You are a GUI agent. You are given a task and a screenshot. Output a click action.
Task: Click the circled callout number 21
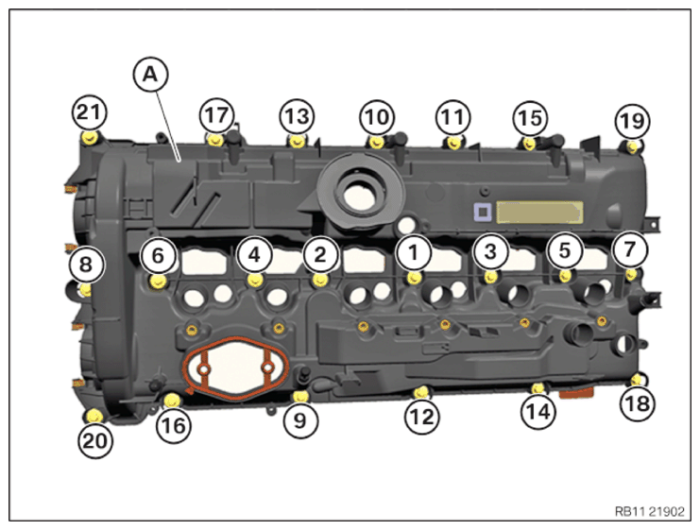tap(88, 113)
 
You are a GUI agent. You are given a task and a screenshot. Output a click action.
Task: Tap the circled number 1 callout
tap(413, 251)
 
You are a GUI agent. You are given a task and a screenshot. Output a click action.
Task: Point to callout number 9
tap(300, 419)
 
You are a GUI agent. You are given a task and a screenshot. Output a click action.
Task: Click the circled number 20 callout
tap(95, 438)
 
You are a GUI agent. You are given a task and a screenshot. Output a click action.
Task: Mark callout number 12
tap(421, 414)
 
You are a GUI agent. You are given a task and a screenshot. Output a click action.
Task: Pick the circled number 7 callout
tap(629, 249)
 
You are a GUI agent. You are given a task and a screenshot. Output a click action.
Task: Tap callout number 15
tap(530, 119)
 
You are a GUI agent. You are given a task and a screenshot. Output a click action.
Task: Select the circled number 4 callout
tap(254, 253)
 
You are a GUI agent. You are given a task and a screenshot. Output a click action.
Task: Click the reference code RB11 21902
tap(648, 510)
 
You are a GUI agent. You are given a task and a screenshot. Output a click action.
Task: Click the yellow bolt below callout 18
tap(637, 380)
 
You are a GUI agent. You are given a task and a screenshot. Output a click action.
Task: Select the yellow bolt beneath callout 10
tap(377, 142)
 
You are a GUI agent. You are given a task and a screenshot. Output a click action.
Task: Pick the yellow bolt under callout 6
tap(157, 280)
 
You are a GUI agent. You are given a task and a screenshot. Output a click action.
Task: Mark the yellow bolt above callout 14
tap(538, 388)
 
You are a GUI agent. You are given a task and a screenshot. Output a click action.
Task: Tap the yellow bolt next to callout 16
tap(170, 401)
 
